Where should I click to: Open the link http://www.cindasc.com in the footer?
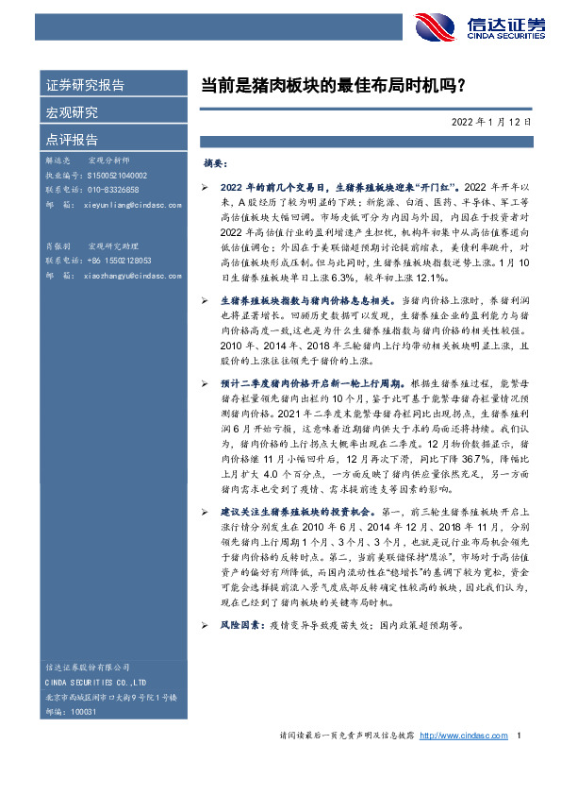pos(464,736)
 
